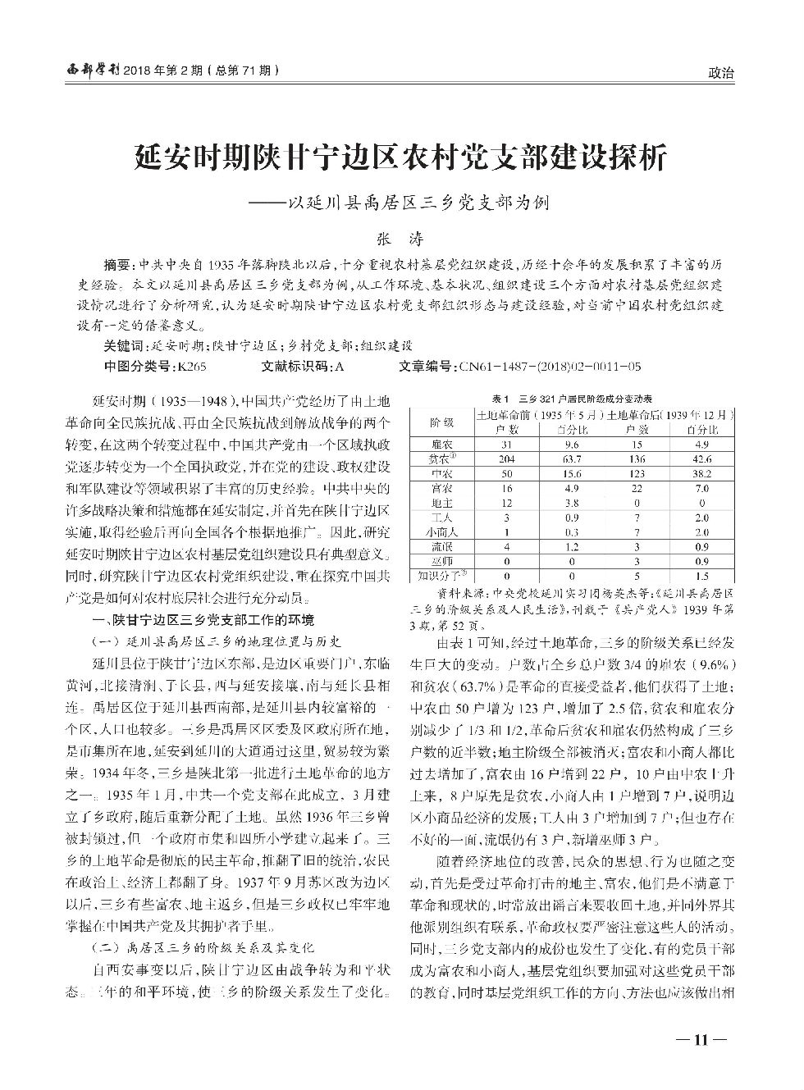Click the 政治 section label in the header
click(x=719, y=73)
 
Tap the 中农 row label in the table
click(x=441, y=473)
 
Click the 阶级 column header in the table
click(x=441, y=422)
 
